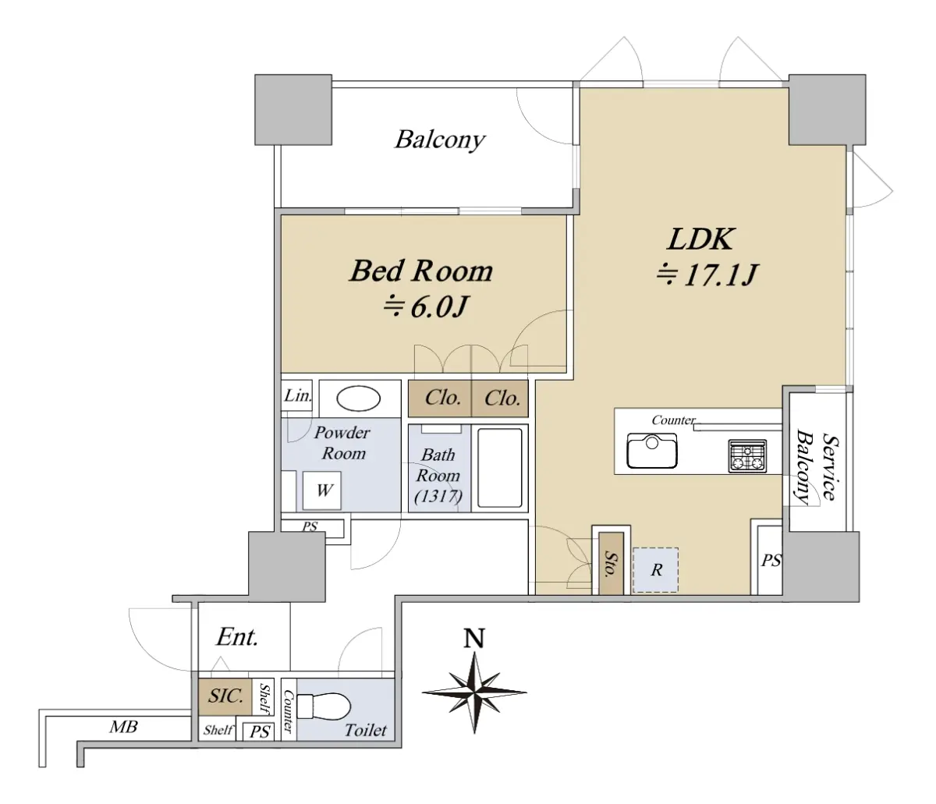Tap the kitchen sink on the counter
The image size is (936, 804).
tap(651, 451)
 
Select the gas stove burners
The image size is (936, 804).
tap(747, 456)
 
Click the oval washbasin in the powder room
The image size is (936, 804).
tap(359, 398)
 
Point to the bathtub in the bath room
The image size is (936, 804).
tap(499, 468)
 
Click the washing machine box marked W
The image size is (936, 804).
tap(322, 491)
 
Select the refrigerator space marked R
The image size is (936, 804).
tap(655, 570)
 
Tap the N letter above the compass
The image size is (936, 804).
tap(474, 639)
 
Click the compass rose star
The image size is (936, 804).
tap(474, 692)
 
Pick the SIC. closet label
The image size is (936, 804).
tap(225, 696)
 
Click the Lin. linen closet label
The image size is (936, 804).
tap(298, 395)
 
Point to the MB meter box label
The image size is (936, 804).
tap(123, 727)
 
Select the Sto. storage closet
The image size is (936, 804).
tap(612, 563)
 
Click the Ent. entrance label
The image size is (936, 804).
tap(237, 637)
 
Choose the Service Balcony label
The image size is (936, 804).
tap(817, 467)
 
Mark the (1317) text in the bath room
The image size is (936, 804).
tap(438, 497)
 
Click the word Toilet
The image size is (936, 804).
tap(366, 730)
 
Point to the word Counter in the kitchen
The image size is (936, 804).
tap(673, 420)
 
